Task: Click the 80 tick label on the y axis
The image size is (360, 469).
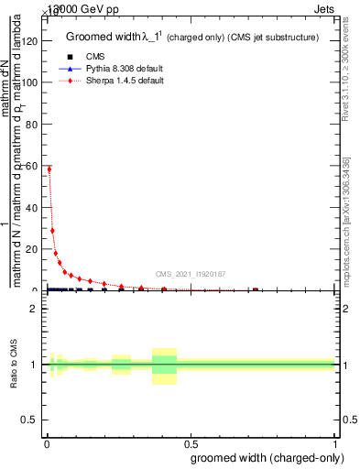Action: click(x=33, y=124)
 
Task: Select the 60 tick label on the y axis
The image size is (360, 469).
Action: click(x=33, y=166)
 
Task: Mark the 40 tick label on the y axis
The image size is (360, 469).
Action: click(x=33, y=207)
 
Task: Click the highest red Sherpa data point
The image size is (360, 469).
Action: click(x=49, y=169)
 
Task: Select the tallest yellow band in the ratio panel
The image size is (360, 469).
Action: click(x=164, y=365)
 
